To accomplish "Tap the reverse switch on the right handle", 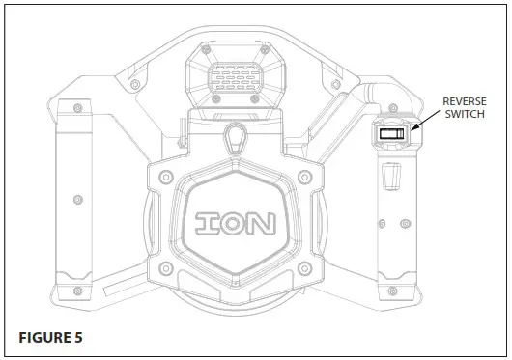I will (391, 136).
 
